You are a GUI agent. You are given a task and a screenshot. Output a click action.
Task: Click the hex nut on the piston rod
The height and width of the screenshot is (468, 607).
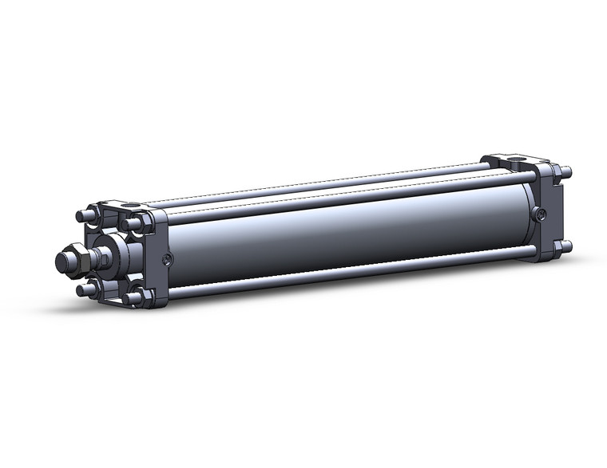pos(73,261)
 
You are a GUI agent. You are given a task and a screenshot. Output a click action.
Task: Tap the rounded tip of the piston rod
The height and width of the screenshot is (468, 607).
pos(60,262)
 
